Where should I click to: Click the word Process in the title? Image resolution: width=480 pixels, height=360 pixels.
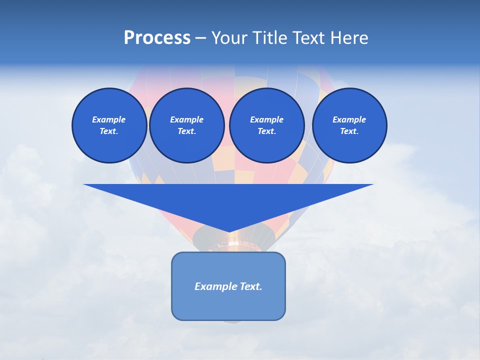[x=157, y=38]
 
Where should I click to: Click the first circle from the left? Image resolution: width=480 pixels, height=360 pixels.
[x=109, y=125]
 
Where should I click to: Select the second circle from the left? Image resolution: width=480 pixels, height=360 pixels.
[x=186, y=125]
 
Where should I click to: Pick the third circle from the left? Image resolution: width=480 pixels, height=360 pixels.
[x=266, y=125]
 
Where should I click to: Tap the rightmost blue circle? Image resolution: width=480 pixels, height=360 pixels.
[x=349, y=125]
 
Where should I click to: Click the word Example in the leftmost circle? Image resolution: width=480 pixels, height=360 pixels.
[x=109, y=119]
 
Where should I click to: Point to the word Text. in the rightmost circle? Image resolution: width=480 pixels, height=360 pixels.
[x=349, y=131]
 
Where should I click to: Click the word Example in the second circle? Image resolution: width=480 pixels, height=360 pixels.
[x=186, y=119]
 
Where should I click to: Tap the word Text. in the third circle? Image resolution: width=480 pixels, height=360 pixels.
[x=266, y=131]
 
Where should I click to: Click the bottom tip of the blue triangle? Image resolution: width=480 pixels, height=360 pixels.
[x=229, y=231]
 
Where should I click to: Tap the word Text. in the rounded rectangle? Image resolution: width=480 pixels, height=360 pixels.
[x=251, y=286]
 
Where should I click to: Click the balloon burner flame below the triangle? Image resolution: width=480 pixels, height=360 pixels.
[x=233, y=243]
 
